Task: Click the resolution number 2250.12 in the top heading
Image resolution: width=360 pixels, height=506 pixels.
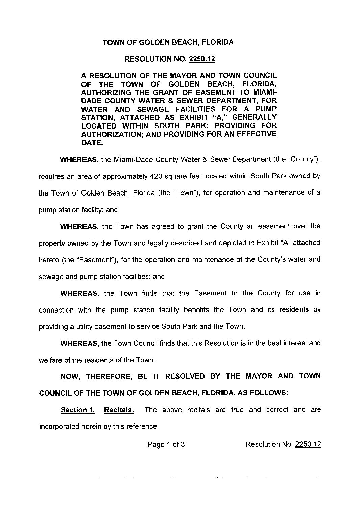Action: (x=202, y=60)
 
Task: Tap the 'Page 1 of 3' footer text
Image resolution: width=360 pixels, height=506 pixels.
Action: (x=166, y=444)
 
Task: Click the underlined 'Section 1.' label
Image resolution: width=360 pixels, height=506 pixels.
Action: (x=78, y=410)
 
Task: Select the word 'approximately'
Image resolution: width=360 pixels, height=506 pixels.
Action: (x=125, y=176)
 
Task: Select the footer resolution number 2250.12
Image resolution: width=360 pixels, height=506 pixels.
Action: (x=308, y=444)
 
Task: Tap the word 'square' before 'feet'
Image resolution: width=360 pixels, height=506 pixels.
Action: (x=174, y=176)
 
